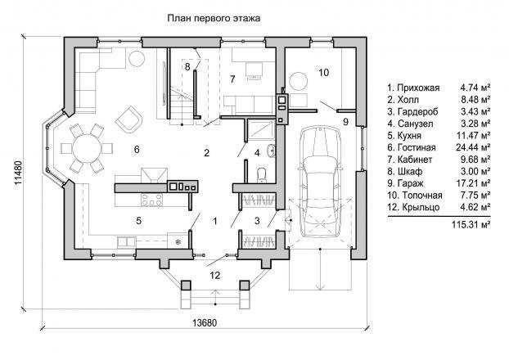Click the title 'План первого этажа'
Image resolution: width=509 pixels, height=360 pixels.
pyautogui.click(x=214, y=18)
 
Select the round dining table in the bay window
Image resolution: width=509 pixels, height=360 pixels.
pyautogui.click(x=87, y=148)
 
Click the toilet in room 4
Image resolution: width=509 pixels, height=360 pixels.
pyautogui.click(x=261, y=174)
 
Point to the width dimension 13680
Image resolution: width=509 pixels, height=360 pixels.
pyautogui.click(x=205, y=322)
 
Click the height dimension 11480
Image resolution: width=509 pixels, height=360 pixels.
pyautogui.click(x=19, y=173)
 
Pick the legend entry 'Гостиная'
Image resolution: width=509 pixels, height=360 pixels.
pyautogui.click(x=417, y=148)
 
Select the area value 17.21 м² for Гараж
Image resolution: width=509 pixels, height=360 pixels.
pyautogui.click(x=473, y=183)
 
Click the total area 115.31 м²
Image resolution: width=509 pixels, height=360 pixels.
pyautogui.click(x=471, y=224)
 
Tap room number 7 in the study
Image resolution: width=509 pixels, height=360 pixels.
pyautogui.click(x=232, y=79)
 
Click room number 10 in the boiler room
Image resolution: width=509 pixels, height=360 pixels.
pyautogui.click(x=323, y=72)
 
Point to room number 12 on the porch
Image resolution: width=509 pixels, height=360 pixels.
pyautogui.click(x=215, y=275)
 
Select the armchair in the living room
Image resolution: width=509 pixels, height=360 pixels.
pyautogui.click(x=128, y=119)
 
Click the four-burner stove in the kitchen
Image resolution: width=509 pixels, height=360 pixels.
pyautogui.click(x=151, y=200)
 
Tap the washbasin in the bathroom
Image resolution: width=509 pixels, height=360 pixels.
pyautogui.click(x=271, y=151)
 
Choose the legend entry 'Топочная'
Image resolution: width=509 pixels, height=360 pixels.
pyautogui.click(x=422, y=196)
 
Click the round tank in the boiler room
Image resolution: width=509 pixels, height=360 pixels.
pyautogui.click(x=298, y=81)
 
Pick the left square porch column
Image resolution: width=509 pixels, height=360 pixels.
pyautogui.click(x=186, y=286)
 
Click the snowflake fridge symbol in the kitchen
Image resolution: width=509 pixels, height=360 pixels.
pyautogui.click(x=178, y=242)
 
